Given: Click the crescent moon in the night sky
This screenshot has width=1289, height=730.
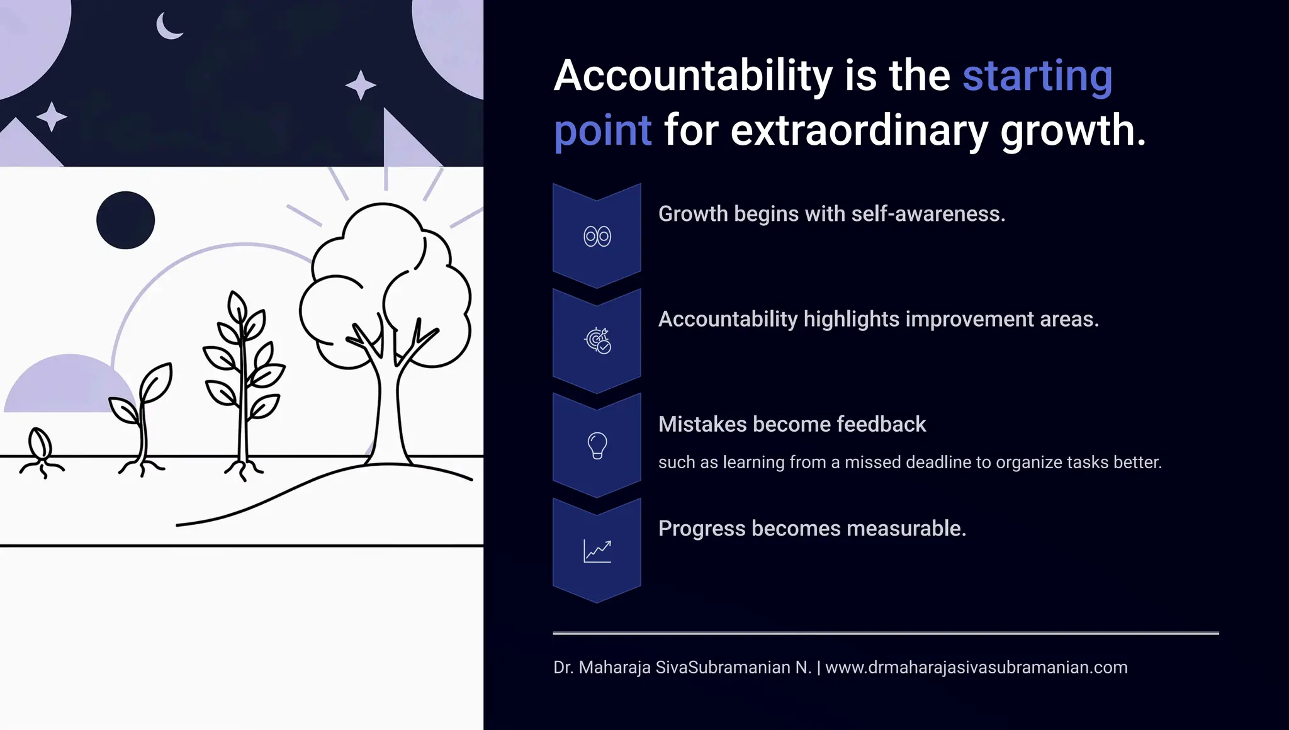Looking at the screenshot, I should coord(167,27).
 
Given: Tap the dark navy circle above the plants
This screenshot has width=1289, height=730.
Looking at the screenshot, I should coord(125,220).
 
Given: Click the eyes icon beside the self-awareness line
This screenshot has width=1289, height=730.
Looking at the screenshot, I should coord(597,237).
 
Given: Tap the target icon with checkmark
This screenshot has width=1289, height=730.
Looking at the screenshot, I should coord(597,340).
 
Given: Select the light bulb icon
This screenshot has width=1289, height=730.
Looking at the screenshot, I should coord(597,446).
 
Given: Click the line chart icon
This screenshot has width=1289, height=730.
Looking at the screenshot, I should coord(597,551).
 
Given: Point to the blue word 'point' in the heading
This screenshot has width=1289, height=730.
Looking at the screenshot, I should coord(602,131).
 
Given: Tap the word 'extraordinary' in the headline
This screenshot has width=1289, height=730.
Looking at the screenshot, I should coord(859,130).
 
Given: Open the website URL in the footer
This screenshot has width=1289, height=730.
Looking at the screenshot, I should coord(976,668).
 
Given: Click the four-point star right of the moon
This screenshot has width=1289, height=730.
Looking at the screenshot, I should coord(361,85).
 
